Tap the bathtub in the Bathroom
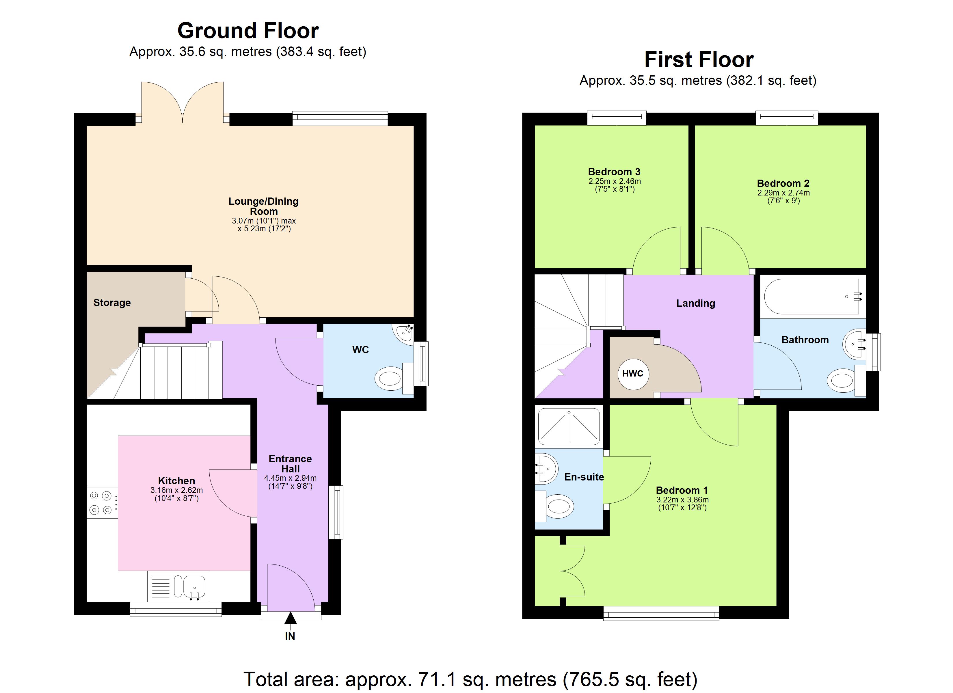click(812, 297)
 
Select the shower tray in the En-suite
click(569, 426)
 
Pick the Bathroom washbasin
click(854, 344)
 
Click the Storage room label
click(112, 303)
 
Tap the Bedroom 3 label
click(614, 172)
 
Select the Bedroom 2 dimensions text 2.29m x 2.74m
click(783, 193)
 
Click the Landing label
click(695, 303)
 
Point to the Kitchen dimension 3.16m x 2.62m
click(176, 490)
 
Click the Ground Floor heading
click(248, 31)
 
